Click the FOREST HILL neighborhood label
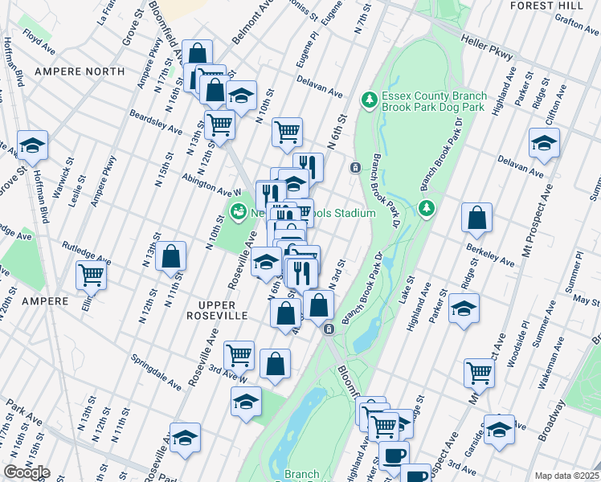click(554, 6)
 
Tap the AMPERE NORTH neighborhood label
click(80, 71)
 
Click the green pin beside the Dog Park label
click(369, 100)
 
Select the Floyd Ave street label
click(38, 36)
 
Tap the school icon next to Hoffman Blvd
click(33, 146)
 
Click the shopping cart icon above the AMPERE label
click(92, 276)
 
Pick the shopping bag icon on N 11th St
click(171, 258)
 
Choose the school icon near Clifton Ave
click(544, 143)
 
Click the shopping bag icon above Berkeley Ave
click(477, 217)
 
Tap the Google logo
click(27, 472)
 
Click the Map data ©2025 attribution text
click(566, 476)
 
